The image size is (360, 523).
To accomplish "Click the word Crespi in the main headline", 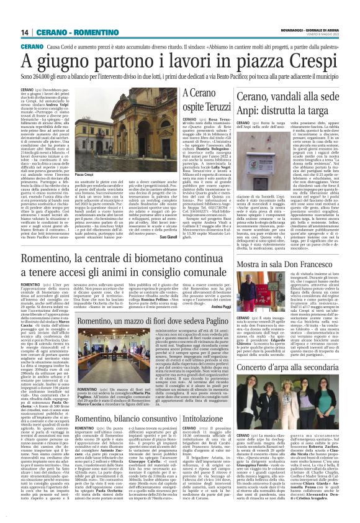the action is (x=301, y=63).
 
